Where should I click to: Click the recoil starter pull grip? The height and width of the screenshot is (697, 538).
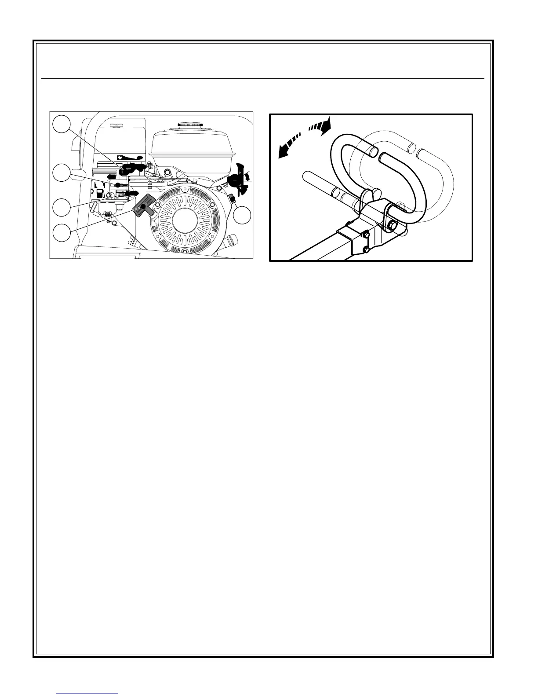(x=144, y=205)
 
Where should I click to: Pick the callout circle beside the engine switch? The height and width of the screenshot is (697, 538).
(x=242, y=215)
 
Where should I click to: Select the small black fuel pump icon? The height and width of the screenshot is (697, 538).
(x=100, y=194)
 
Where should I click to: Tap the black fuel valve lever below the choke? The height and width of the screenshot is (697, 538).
(x=131, y=193)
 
